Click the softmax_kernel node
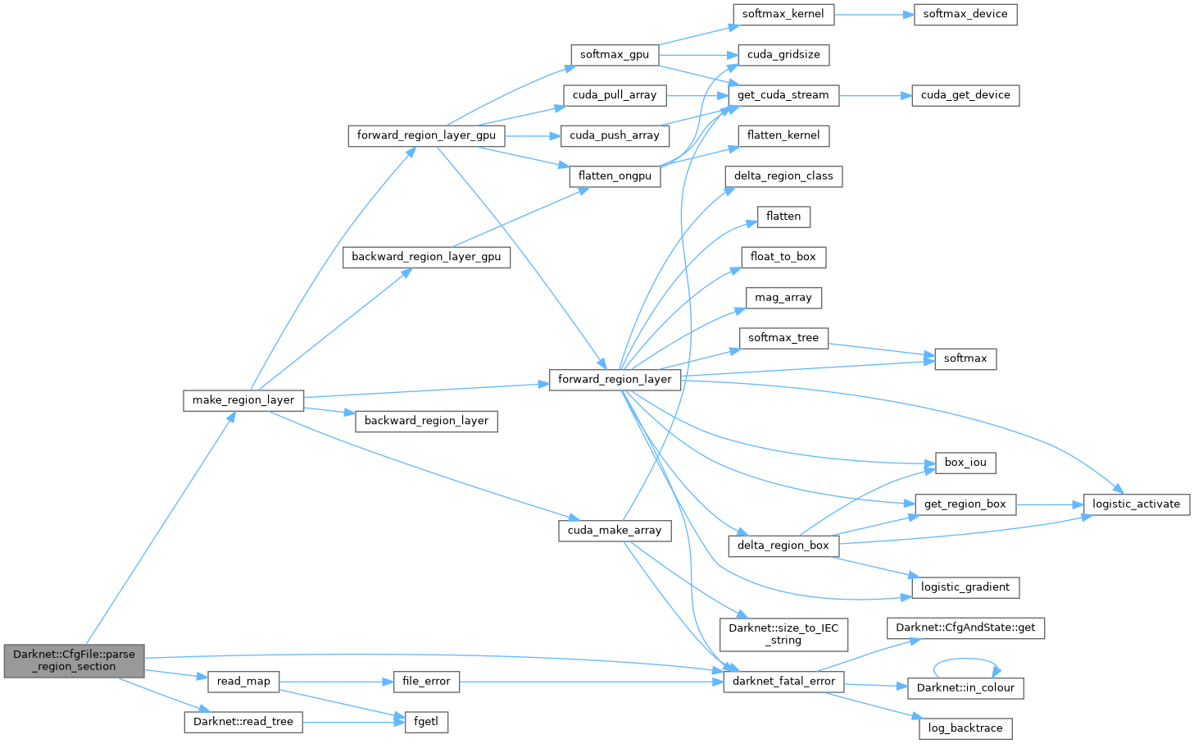(x=783, y=14)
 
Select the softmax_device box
(x=965, y=14)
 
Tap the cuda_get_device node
(x=965, y=95)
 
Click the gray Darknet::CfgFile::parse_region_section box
(x=74, y=660)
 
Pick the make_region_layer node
(x=243, y=400)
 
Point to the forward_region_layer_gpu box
(x=426, y=135)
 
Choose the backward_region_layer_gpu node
(x=426, y=257)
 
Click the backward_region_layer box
(x=426, y=421)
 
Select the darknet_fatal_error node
(x=783, y=681)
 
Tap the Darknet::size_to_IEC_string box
(x=783, y=634)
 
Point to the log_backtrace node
(x=965, y=728)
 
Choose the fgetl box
(x=426, y=722)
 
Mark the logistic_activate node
(x=1136, y=504)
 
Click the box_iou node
(x=965, y=463)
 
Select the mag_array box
(x=783, y=297)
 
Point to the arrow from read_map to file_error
(x=330, y=681)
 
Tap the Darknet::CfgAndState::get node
(x=965, y=628)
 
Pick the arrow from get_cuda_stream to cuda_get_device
(x=875, y=95)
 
